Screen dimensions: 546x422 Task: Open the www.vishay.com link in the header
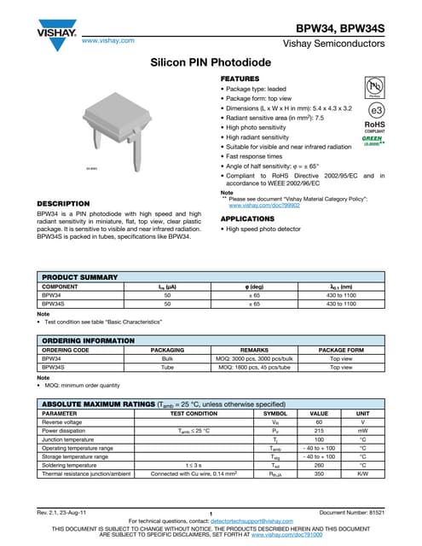coord(108,40)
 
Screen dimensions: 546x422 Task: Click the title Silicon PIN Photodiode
coord(211,64)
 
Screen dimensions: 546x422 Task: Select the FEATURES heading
coord(240,78)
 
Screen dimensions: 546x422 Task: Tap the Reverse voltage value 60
coord(318,422)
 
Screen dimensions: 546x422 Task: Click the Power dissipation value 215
coord(318,432)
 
